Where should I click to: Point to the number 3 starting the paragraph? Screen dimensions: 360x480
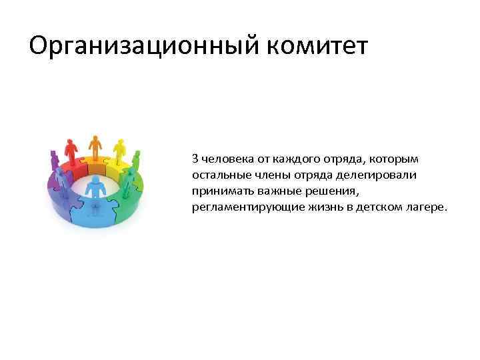click(x=195, y=159)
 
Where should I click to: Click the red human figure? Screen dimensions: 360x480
click(x=69, y=151)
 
